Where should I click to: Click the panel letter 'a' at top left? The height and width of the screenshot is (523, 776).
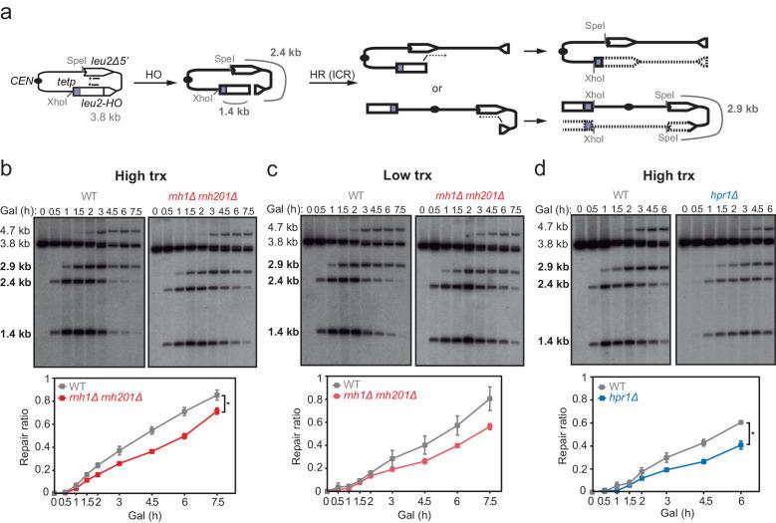point(7,8)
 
